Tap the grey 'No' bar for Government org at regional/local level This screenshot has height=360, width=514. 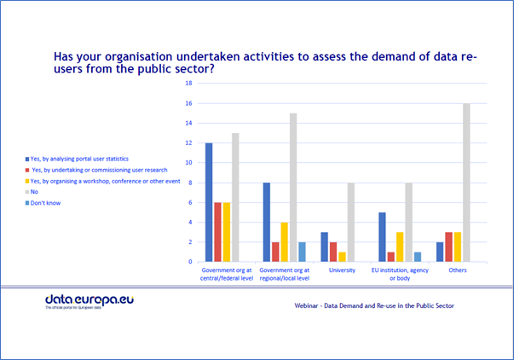point(292,188)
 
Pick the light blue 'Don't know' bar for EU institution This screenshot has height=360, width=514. point(418,257)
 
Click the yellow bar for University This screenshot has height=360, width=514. point(342,257)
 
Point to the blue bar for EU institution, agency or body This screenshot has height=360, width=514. point(383,237)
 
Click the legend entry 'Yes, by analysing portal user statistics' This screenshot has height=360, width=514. point(83,159)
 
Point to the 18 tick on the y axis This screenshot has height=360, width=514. point(189,84)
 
